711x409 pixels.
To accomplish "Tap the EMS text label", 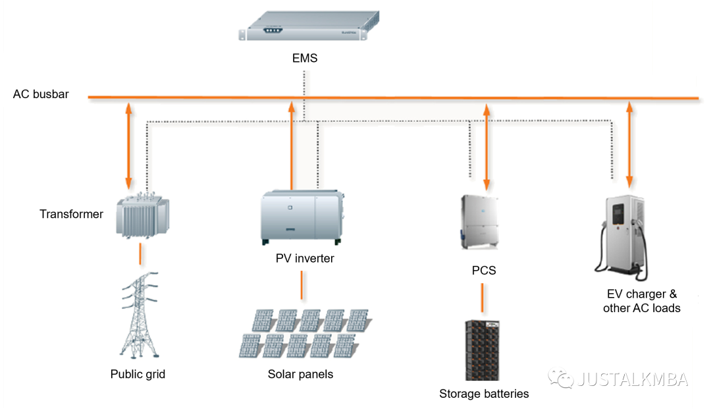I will pyautogui.click(x=305, y=59).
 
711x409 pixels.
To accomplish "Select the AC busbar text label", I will pyautogui.click(x=41, y=94).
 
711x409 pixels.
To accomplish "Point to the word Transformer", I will pyautogui.click(x=71, y=214).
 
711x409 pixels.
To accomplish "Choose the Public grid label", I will pyautogui.click(x=138, y=374).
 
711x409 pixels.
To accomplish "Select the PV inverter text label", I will pyautogui.click(x=305, y=259).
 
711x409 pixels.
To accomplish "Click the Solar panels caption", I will pyautogui.click(x=300, y=374).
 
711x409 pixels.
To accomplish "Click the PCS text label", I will pyautogui.click(x=484, y=271).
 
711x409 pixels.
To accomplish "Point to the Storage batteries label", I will pyautogui.click(x=484, y=394).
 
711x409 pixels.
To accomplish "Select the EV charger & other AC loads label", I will pyautogui.click(x=641, y=301).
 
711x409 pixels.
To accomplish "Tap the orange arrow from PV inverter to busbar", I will pyautogui.click(x=291, y=145).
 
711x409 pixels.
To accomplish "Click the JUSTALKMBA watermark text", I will pyautogui.click(x=632, y=379).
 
